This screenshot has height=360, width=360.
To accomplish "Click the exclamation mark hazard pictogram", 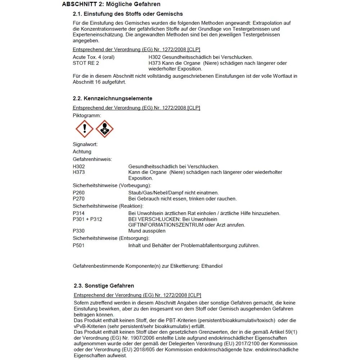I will click(85, 129).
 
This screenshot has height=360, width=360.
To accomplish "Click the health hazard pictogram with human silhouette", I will click(105, 129).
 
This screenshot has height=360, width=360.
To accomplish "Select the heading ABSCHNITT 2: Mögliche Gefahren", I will click(111, 4).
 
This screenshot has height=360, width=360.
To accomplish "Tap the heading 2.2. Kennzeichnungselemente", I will click(113, 98).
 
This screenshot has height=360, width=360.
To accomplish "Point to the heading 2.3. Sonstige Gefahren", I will click(104, 285).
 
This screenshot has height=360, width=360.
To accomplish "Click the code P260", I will click(79, 193).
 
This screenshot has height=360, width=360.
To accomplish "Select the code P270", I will click(79, 198).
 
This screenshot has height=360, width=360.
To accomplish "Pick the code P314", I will click(79, 213).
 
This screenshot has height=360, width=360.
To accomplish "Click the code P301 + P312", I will click(87, 219).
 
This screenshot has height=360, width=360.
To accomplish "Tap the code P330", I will click(79, 231).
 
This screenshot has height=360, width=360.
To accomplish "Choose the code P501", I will click(79, 246).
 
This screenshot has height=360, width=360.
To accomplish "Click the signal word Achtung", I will click(82, 152).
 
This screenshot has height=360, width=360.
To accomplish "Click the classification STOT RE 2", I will click(86, 63).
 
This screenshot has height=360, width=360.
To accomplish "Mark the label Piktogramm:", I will click(87, 115).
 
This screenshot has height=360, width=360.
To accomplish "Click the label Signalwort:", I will click(85, 144).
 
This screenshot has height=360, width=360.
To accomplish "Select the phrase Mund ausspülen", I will click(147, 231).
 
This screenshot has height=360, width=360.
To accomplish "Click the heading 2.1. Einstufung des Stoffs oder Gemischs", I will click(128, 14).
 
